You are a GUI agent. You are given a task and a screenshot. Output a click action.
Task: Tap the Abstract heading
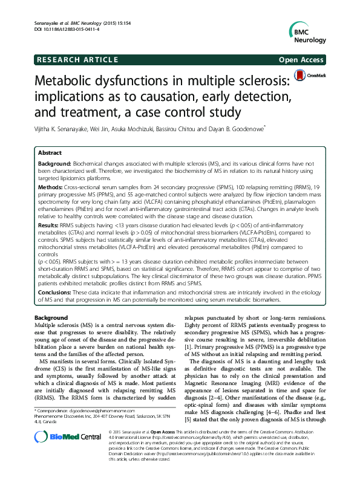(x=50, y=153)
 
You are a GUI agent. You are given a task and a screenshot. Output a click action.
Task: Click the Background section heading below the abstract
(x=51, y=318)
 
